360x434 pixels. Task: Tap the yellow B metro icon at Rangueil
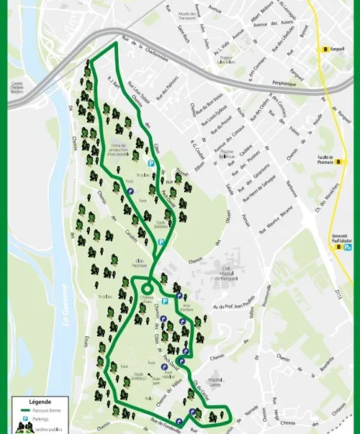[x=327, y=50]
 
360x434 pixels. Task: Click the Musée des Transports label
[x=186, y=15]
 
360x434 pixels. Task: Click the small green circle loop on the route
[x=146, y=291]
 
